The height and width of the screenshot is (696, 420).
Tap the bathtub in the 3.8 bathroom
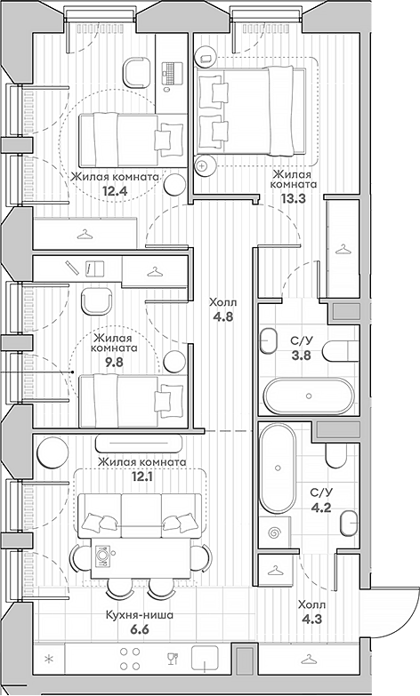pos(308,392)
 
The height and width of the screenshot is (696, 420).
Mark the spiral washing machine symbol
pos(274,535)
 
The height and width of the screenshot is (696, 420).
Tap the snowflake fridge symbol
pos(48,659)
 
